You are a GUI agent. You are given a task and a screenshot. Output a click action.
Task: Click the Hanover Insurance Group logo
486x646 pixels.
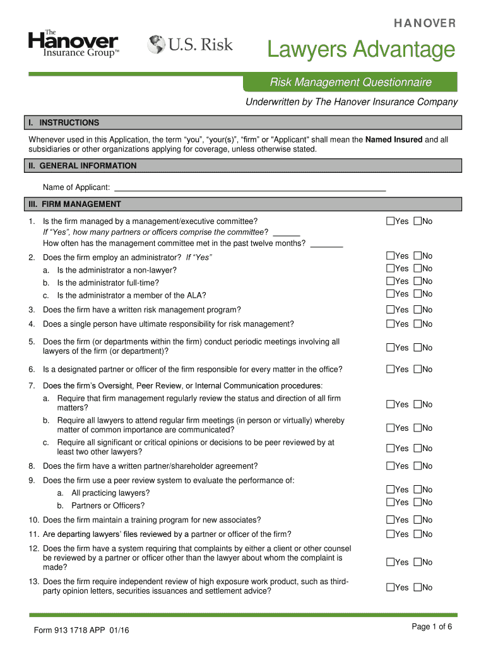(x=73, y=44)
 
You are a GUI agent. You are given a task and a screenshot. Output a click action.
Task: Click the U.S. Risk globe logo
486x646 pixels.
(x=190, y=45)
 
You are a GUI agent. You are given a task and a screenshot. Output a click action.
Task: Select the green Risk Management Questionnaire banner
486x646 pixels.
(x=351, y=82)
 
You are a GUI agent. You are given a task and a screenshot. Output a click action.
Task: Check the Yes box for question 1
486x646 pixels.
(x=390, y=221)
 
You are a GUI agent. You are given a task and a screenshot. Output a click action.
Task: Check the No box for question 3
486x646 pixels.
(x=417, y=310)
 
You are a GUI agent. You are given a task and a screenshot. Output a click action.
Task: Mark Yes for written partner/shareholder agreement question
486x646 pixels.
(x=390, y=466)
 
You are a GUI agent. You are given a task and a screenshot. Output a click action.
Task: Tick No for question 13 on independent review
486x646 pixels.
(x=417, y=587)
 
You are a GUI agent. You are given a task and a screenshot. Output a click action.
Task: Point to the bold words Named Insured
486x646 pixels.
(x=394, y=139)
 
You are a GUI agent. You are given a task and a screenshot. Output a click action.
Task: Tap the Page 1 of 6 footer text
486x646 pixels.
(x=432, y=626)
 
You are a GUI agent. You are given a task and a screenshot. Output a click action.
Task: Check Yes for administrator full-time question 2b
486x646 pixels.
(x=390, y=281)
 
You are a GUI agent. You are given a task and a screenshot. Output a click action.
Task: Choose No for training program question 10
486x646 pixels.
(x=417, y=520)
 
